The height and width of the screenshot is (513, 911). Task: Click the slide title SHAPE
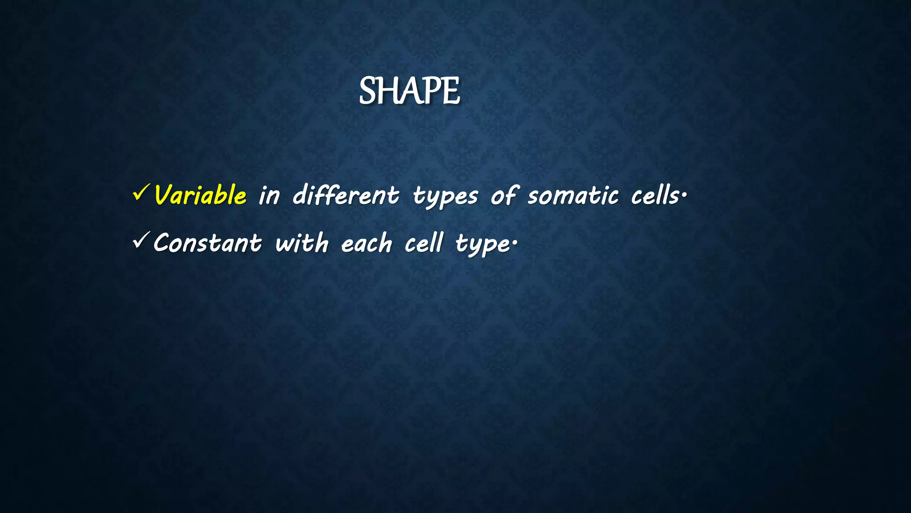409,91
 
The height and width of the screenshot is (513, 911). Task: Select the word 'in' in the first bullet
270,196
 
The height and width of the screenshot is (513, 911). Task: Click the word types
445,197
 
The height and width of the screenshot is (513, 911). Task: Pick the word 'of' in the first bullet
504,196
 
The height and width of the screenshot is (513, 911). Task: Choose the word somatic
573,196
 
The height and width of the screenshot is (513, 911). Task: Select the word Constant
208,243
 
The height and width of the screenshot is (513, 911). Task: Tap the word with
302,243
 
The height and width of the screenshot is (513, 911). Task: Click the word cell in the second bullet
424,243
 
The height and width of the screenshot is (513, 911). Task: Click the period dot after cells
685,194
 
